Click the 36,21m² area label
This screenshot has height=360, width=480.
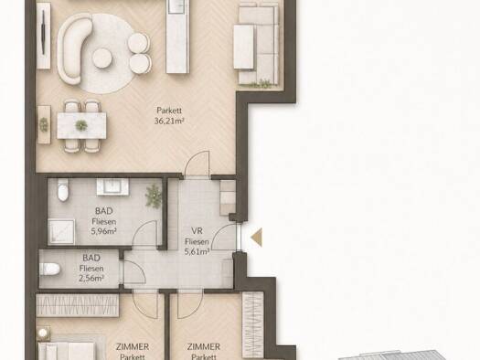pyautogui.click(x=169, y=121)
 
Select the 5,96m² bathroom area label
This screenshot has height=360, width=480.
pyautogui.click(x=104, y=231)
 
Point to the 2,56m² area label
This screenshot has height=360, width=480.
pyautogui.click(x=91, y=278)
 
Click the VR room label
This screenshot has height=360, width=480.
pyautogui.click(x=197, y=230)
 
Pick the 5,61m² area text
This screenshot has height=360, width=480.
pyautogui.click(x=197, y=251)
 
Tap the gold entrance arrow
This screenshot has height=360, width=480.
pyautogui.click(x=257, y=237)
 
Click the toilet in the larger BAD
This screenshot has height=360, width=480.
pyautogui.click(x=63, y=190)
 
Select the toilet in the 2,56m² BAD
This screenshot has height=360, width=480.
pyautogui.click(x=49, y=269)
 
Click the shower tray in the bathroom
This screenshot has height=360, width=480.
pyautogui.click(x=61, y=232)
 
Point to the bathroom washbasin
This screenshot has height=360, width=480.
pyautogui.click(x=112, y=186)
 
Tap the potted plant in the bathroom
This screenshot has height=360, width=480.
pyautogui.click(x=153, y=195)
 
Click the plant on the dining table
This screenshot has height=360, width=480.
pyautogui.click(x=81, y=125)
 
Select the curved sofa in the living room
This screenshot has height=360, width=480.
pyautogui.click(x=73, y=49)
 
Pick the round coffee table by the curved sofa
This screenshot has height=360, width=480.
pyautogui.click(x=102, y=58)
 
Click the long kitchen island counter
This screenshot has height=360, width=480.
pyautogui.click(x=176, y=37)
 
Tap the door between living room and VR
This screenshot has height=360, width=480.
pyautogui.click(x=197, y=164)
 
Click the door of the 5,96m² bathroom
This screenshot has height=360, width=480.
pyautogui.click(x=144, y=233)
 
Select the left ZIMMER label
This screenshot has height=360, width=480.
pyautogui.click(x=133, y=347)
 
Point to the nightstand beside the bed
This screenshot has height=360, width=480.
pyautogui.click(x=43, y=334)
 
